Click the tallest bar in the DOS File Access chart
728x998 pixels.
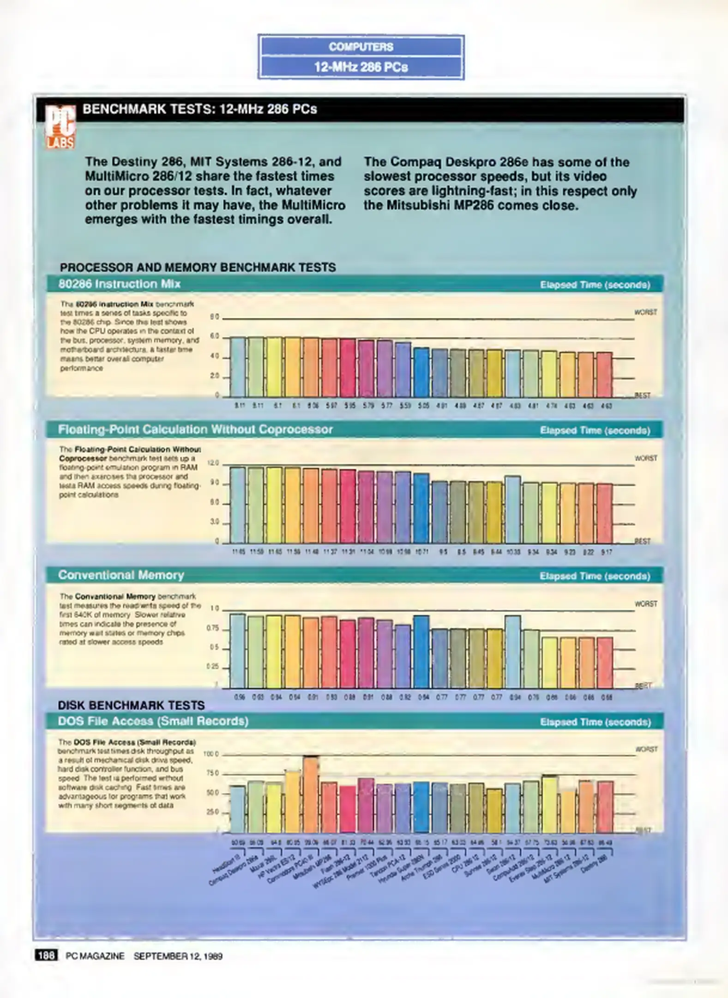click(x=311, y=794)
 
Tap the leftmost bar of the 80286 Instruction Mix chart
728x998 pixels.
click(x=238, y=367)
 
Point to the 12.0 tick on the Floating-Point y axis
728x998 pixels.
click(x=213, y=463)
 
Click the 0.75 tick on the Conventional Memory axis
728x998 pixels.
click(x=213, y=629)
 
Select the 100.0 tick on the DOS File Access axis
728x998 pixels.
click(x=211, y=754)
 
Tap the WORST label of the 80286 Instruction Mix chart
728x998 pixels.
click(x=645, y=312)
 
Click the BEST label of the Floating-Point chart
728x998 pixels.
click(x=643, y=541)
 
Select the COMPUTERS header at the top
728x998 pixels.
click(x=361, y=47)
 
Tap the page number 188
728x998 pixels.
click(x=46, y=955)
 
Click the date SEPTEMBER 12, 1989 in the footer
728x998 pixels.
click(x=178, y=956)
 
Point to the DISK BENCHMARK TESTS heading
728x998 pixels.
click(x=131, y=706)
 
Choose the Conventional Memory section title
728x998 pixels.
click(x=121, y=575)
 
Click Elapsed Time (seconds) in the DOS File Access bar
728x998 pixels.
click(x=595, y=722)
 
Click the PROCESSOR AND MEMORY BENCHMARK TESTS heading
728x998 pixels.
click(x=198, y=268)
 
